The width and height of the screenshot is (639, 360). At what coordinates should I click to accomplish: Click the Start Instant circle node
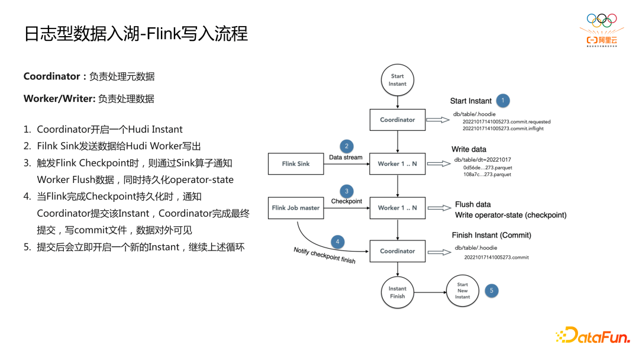(398, 80)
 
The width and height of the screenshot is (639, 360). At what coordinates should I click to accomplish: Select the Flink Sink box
(296, 164)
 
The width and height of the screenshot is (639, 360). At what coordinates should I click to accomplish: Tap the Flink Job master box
(296, 208)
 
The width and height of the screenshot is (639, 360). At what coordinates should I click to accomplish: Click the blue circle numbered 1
(503, 101)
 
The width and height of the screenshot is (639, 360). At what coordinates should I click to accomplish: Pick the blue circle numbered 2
(346, 146)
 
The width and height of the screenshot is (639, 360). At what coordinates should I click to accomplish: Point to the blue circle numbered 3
(346, 191)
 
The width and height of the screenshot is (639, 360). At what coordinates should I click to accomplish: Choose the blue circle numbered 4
(338, 242)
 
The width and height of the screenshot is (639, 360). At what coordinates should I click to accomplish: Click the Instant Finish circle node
(398, 292)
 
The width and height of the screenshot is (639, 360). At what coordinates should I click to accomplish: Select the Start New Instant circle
(462, 291)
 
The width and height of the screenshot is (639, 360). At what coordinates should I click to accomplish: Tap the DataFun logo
(592, 336)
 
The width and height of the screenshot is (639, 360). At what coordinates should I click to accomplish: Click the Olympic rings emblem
(602, 21)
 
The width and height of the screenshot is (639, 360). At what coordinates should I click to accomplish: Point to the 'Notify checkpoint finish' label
(325, 256)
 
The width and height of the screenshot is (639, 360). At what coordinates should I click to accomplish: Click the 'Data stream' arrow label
(346, 157)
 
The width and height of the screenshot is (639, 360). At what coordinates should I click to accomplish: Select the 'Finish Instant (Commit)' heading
(492, 235)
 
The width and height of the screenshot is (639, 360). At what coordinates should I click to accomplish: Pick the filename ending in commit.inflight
(503, 128)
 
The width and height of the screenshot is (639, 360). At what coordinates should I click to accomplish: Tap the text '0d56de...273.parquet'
(488, 168)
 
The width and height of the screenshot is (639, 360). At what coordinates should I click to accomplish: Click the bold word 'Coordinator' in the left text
(51, 76)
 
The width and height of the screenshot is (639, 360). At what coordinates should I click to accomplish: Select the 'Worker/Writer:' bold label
(59, 99)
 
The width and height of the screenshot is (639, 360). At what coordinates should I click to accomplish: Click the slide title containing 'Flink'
(136, 33)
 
